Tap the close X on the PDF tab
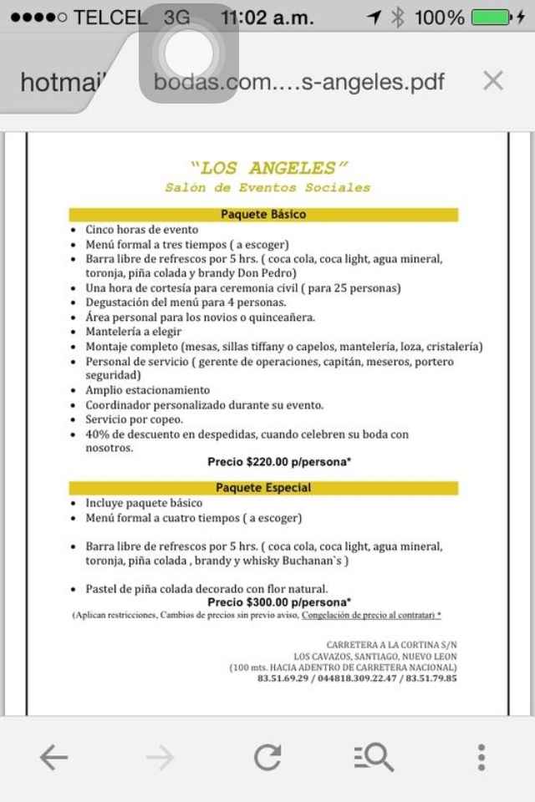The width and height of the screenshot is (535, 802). click(493, 81)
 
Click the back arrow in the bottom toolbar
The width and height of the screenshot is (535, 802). click(53, 758)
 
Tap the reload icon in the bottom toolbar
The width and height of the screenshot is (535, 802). click(267, 758)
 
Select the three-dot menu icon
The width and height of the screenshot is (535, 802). click(481, 758)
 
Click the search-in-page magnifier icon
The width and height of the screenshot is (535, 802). click(374, 758)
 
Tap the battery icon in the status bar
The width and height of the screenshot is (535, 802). click(493, 17)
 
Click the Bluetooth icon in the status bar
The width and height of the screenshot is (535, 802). click(398, 17)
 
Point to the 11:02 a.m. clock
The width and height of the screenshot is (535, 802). click(267, 17)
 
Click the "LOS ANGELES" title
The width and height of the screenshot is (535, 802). click(267, 168)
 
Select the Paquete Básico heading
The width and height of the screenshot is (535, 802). click(263, 215)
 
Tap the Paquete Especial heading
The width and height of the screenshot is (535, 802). click(263, 488)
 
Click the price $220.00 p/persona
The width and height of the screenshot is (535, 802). click(279, 461)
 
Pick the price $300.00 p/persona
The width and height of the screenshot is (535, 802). click(279, 601)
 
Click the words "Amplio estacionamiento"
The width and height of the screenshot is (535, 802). click(147, 390)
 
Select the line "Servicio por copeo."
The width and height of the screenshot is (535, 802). click(134, 419)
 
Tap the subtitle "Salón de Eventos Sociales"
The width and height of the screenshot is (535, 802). click(267, 188)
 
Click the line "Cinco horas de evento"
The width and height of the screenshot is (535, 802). click(142, 229)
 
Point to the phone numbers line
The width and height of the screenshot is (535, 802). click(357, 678)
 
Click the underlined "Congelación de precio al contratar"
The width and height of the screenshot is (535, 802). click(368, 615)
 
